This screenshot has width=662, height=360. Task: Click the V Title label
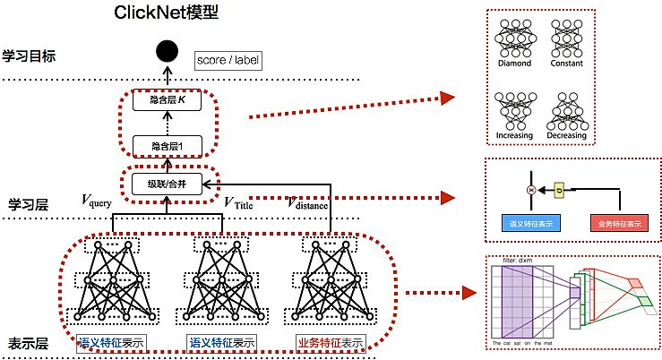[241, 201]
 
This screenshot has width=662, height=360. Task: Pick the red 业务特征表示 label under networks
[330, 343]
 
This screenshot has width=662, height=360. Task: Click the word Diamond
[515, 64]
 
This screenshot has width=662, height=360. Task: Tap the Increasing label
[515, 136]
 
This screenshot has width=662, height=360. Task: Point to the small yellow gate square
[560, 190]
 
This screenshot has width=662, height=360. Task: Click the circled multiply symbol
[531, 190]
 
